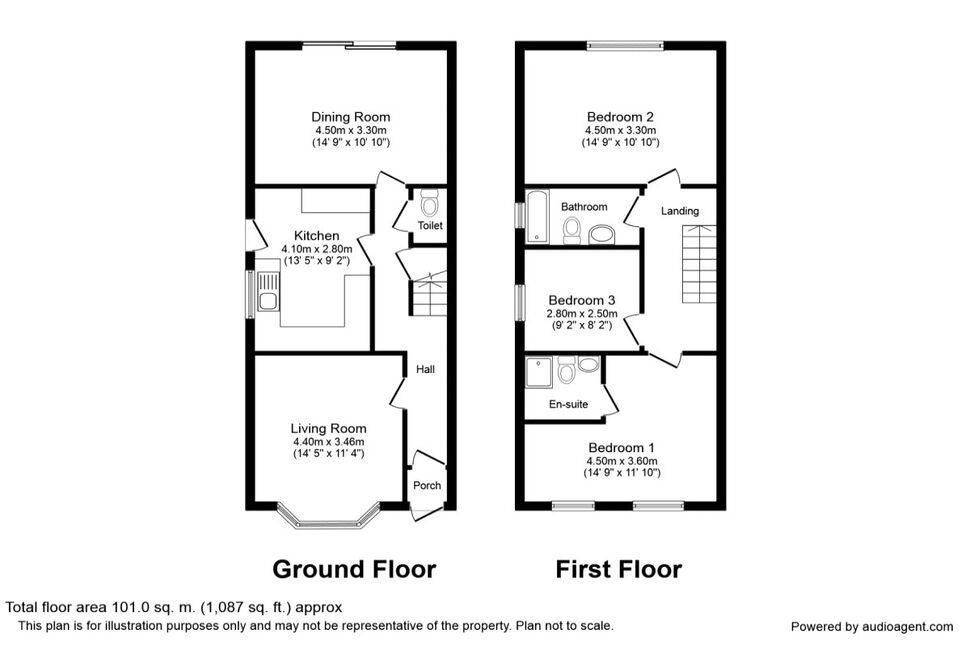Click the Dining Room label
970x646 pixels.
[350, 117]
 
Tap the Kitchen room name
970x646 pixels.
[316, 236]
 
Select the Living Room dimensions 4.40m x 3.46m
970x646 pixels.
[328, 442]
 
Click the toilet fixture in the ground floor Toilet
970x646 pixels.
[429, 202]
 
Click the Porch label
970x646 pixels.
[427, 486]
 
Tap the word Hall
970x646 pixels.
[425, 369]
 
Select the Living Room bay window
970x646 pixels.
[328, 518]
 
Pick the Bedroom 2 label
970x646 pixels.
[620, 117]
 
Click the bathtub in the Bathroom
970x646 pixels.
[536, 216]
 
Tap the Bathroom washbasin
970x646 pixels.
[601, 236]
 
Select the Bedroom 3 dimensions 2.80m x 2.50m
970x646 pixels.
[582, 314]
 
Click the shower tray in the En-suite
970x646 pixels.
[539, 373]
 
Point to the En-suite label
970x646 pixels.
[569, 405]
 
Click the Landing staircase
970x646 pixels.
[699, 264]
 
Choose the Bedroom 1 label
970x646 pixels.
[621, 447]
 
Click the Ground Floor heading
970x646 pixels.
[354, 569]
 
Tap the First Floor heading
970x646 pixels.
[619, 569]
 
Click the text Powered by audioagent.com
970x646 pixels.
[872, 627]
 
